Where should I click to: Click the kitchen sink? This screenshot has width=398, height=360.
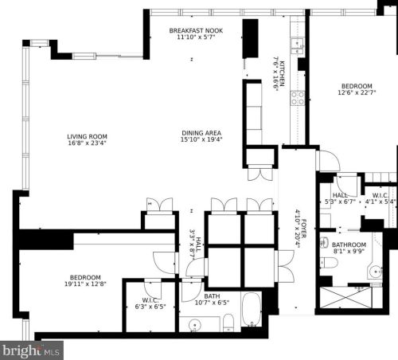coord(298,43)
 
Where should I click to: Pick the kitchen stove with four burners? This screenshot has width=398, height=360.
coord(298,98)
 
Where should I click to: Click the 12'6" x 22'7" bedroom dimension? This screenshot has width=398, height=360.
coord(357,94)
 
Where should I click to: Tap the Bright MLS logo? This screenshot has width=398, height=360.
coord(32,350)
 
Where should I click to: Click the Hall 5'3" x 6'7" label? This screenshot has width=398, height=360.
coord(340,198)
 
